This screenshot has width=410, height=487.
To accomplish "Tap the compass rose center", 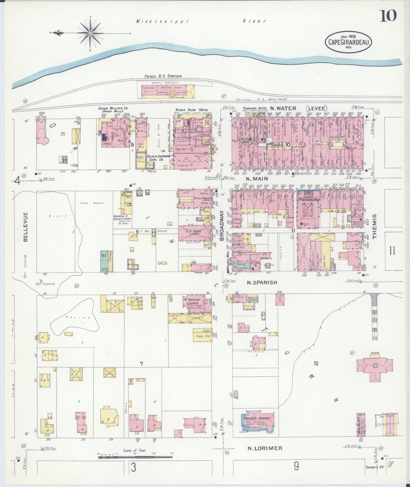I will click(90, 33).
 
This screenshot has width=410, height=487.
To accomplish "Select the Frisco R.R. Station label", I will click(163, 76).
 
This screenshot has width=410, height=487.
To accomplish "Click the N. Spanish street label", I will click(262, 282).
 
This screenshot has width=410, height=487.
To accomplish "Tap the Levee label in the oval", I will click(316, 108).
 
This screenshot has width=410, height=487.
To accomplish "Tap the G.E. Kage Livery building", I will click(195, 232).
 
